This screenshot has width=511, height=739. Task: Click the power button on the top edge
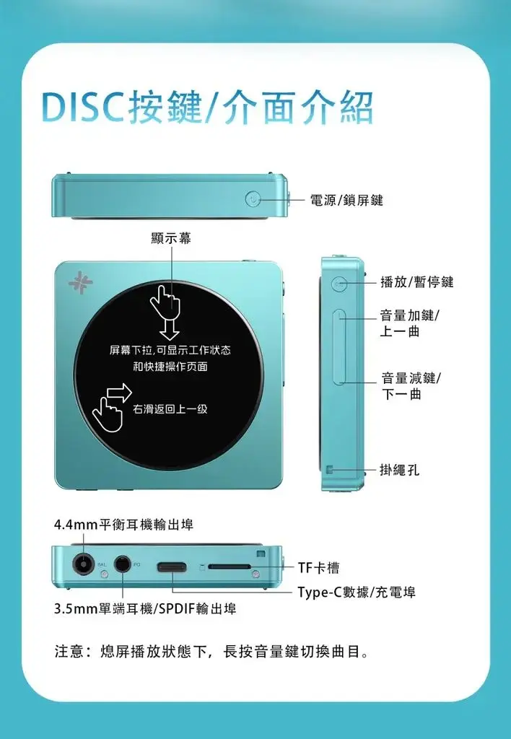coord(253,200)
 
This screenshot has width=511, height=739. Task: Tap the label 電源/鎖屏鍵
coord(346,201)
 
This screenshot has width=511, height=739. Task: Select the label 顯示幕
coord(171,238)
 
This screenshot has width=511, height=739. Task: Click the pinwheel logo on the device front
coord(81,283)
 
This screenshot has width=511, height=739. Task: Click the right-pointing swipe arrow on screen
coord(120,392)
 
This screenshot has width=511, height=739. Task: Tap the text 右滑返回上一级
coord(170,409)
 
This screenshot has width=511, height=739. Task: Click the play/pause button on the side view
coord(339,284)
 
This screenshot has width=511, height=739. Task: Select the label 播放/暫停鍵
coord(417,282)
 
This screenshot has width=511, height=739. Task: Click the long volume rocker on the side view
coord(339,347)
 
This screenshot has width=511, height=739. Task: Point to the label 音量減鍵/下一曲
coord(411,386)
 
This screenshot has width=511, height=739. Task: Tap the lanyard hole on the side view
coord(330,469)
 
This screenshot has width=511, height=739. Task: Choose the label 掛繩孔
coord(399,470)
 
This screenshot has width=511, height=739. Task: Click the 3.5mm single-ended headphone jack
coord(123,564)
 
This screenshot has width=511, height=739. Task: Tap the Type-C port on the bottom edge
coord(172,567)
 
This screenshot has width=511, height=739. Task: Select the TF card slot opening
coord(230,567)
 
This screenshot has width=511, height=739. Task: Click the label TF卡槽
coord(319,568)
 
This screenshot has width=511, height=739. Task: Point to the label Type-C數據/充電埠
coord(357,592)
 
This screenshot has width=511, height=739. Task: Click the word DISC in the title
coord(84,107)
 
